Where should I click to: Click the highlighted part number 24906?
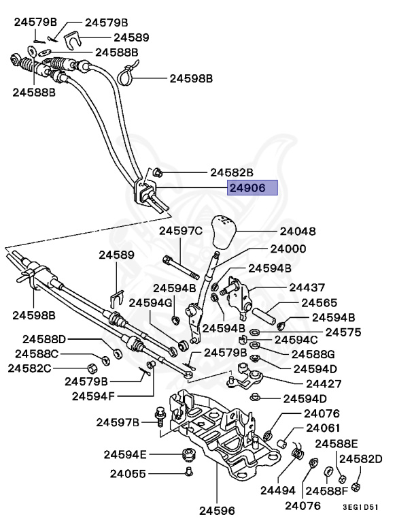(252, 188)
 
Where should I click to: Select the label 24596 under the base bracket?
(217, 509)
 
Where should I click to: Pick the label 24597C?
(181, 232)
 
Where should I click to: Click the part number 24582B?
(231, 173)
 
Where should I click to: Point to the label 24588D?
(45, 338)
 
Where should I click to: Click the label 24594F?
(94, 396)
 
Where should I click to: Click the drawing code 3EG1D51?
(361, 507)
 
